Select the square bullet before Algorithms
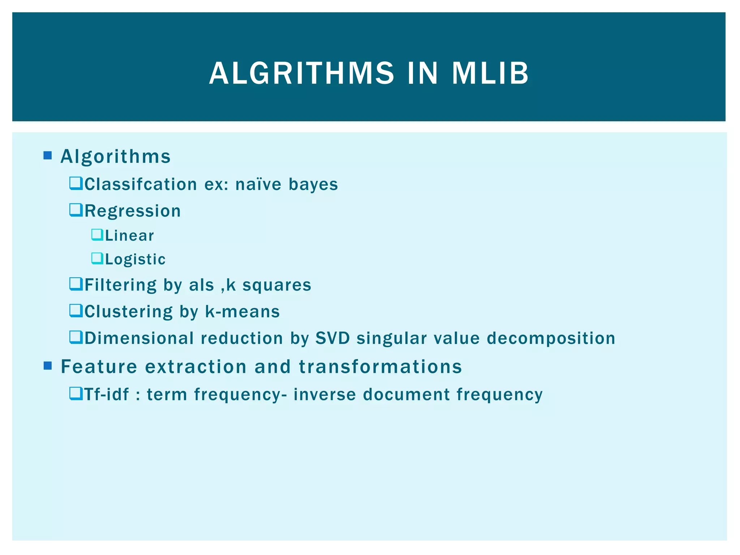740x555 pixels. [47, 156]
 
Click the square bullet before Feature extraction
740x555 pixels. [47, 366]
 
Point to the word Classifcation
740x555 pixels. [141, 184]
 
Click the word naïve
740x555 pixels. [258, 184]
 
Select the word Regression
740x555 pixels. [132, 211]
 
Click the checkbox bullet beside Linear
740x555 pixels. [97, 235]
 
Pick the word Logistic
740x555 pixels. [135, 259]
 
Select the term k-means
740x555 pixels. [242, 311]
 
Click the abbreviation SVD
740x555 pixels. [332, 338]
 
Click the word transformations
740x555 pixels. [380, 366]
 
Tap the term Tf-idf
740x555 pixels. [106, 394]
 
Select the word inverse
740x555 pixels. [324, 394]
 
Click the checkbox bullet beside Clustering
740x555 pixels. [76, 311]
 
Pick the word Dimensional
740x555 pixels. [139, 338]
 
